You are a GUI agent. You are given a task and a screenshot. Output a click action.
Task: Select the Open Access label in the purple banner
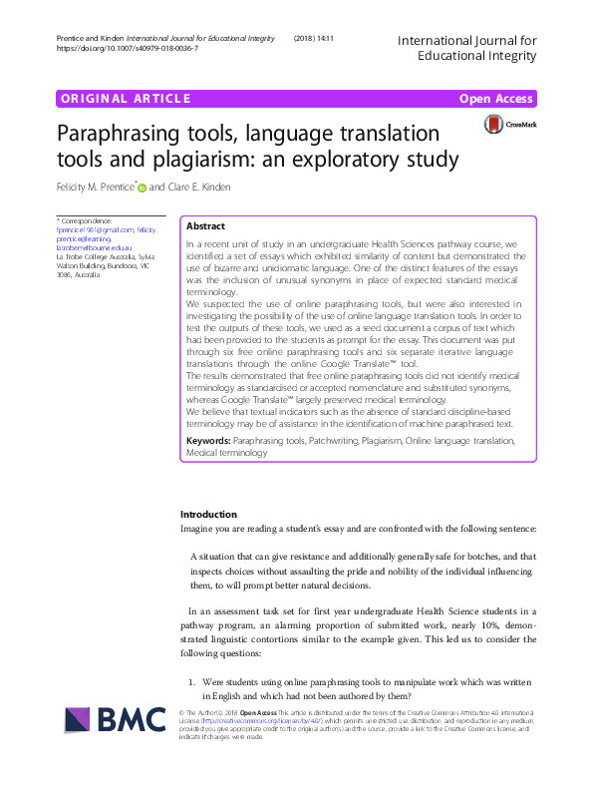click(x=496, y=99)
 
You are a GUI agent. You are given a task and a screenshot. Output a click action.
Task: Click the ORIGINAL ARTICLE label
click(x=125, y=99)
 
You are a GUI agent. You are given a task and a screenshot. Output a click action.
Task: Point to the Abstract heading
click(x=206, y=226)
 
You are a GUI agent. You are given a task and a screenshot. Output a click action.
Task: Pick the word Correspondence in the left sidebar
click(x=88, y=219)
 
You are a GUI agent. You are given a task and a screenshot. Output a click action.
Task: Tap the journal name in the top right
click(x=466, y=49)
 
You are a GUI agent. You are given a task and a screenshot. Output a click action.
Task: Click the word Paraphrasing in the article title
click(x=115, y=133)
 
